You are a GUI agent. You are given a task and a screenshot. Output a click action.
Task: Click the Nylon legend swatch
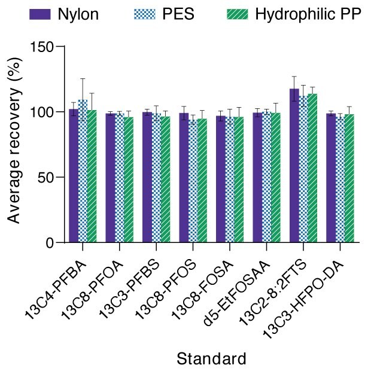[41, 14]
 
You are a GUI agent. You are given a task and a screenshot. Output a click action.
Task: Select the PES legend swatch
[145, 14]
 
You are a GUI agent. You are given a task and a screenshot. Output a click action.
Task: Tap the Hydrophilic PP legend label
[308, 14]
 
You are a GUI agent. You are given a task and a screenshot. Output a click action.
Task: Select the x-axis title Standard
[211, 359]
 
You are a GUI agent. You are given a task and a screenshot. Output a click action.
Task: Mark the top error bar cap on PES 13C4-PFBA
[83, 79]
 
